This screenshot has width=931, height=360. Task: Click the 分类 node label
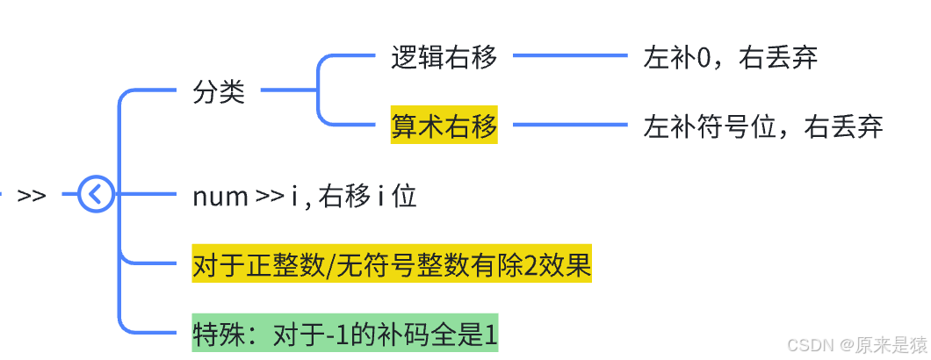[x=218, y=91]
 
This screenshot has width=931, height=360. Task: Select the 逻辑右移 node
[x=444, y=58]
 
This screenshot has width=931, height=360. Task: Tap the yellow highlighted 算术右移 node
[x=444, y=126]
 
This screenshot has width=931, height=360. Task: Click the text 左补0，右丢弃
[x=731, y=58]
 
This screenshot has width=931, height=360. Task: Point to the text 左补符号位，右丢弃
[x=762, y=126]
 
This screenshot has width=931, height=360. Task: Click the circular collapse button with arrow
[x=96, y=194]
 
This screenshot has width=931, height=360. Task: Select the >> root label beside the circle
[x=32, y=195]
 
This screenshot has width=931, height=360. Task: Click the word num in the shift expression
[x=220, y=197]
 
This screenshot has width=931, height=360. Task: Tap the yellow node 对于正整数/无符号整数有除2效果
[x=392, y=264]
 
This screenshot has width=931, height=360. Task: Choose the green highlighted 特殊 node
[x=345, y=334]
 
